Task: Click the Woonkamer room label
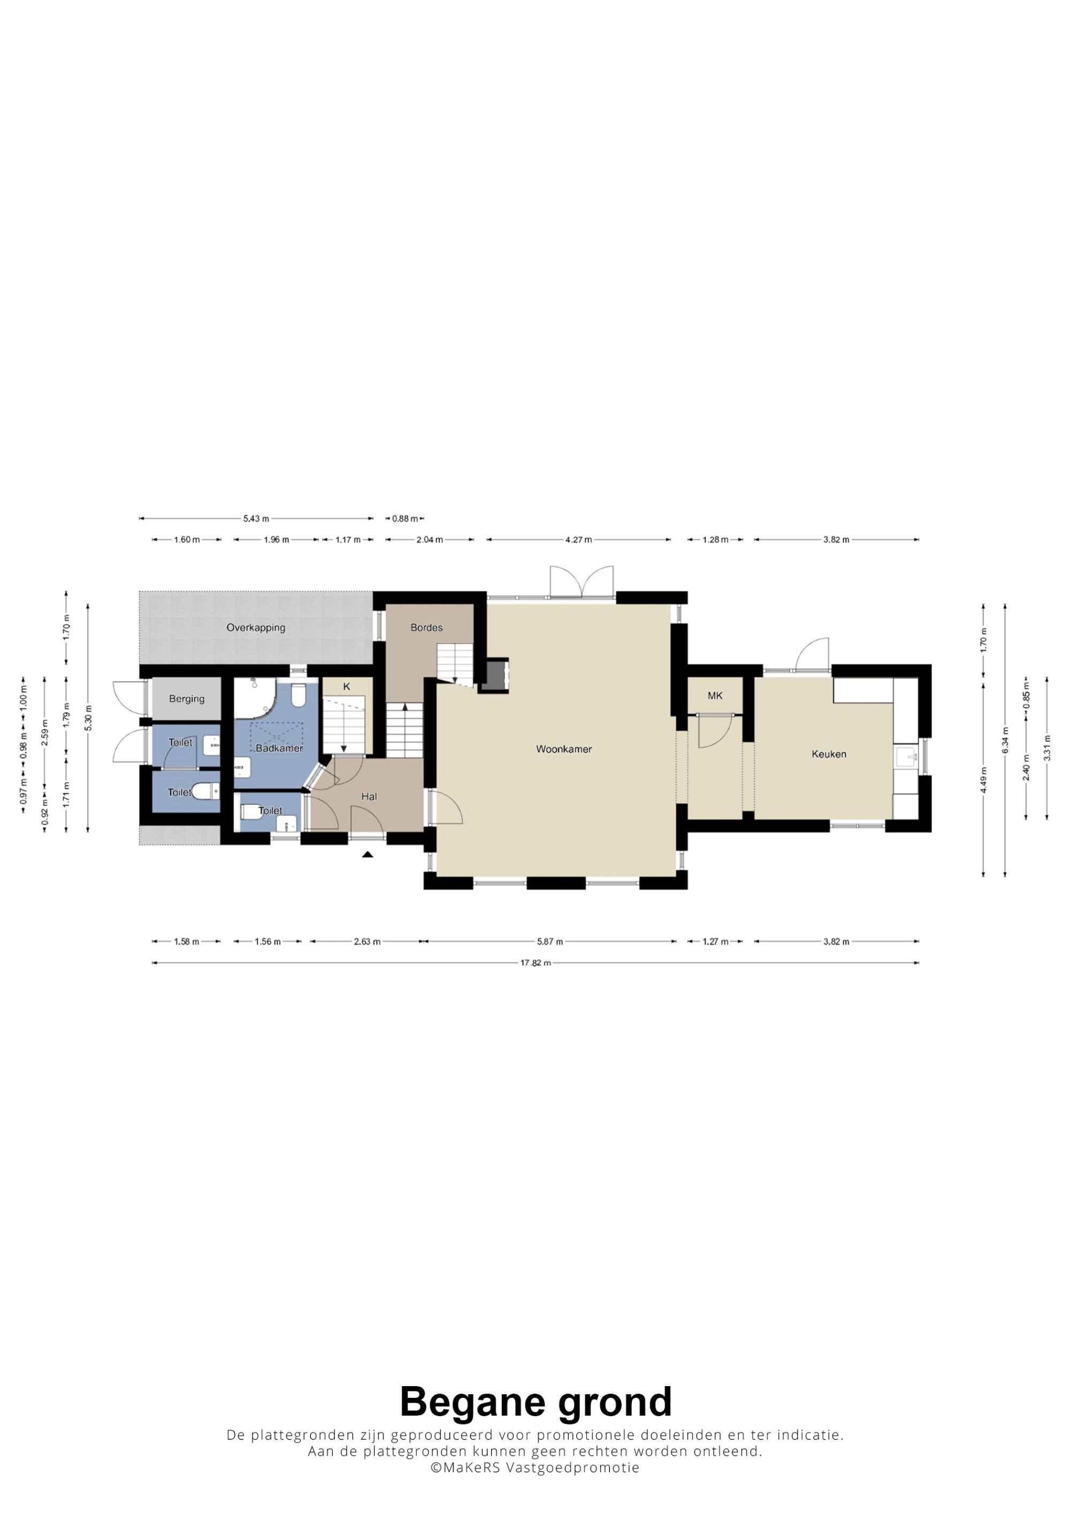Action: point(564,749)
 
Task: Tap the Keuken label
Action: point(829,754)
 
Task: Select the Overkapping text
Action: point(256,628)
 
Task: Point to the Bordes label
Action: point(426,627)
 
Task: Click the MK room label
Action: point(715,695)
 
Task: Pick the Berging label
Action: point(187,699)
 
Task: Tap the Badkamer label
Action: point(279,748)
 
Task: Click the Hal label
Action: point(369,797)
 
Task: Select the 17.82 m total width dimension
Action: point(536,963)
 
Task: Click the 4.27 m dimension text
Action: point(579,539)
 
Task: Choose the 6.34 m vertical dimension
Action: point(1005,740)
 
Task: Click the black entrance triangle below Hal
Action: point(368,854)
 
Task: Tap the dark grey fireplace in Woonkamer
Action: point(494,675)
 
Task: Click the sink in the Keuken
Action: point(906,757)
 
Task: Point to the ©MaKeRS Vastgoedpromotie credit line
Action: point(536,1483)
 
